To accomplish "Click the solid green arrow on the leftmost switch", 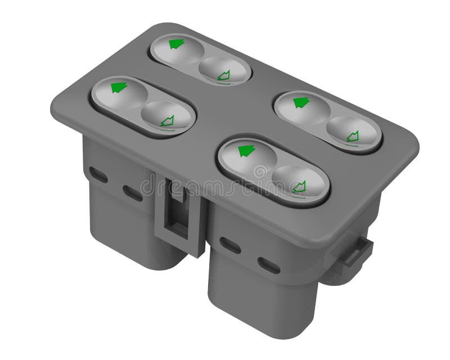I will (x=119, y=87).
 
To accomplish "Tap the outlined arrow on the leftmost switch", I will (x=167, y=120).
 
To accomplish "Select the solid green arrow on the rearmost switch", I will (x=177, y=43).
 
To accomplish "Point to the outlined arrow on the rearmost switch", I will (x=224, y=74).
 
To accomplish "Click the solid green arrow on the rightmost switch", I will (x=301, y=102).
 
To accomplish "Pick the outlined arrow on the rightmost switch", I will (x=352, y=136).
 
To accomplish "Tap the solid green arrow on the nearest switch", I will (x=246, y=150).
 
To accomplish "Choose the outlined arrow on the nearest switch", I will (x=299, y=186).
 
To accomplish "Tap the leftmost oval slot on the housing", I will (x=98, y=174).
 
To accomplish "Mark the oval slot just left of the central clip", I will (x=133, y=193).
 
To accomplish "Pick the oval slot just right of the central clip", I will (x=230, y=245).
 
